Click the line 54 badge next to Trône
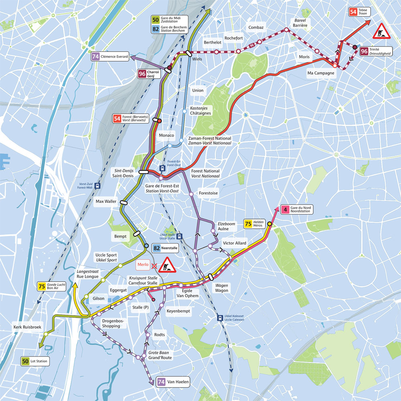[353, 12]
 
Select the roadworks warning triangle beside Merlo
[167, 265]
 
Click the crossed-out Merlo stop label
[143, 265]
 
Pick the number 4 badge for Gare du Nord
[285, 209]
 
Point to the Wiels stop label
[197, 59]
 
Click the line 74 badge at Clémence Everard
[95, 57]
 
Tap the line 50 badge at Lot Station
[25, 361]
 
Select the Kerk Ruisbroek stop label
[27, 327]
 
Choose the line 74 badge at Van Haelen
[162, 382]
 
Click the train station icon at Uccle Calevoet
[220, 318]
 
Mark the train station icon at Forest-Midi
[97, 186]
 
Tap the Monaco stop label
[166, 135]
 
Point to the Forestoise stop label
[209, 193]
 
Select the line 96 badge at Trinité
[365, 51]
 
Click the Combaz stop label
[256, 27]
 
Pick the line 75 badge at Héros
[248, 223]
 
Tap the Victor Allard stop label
[235, 243]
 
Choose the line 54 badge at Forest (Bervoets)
[117, 119]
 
